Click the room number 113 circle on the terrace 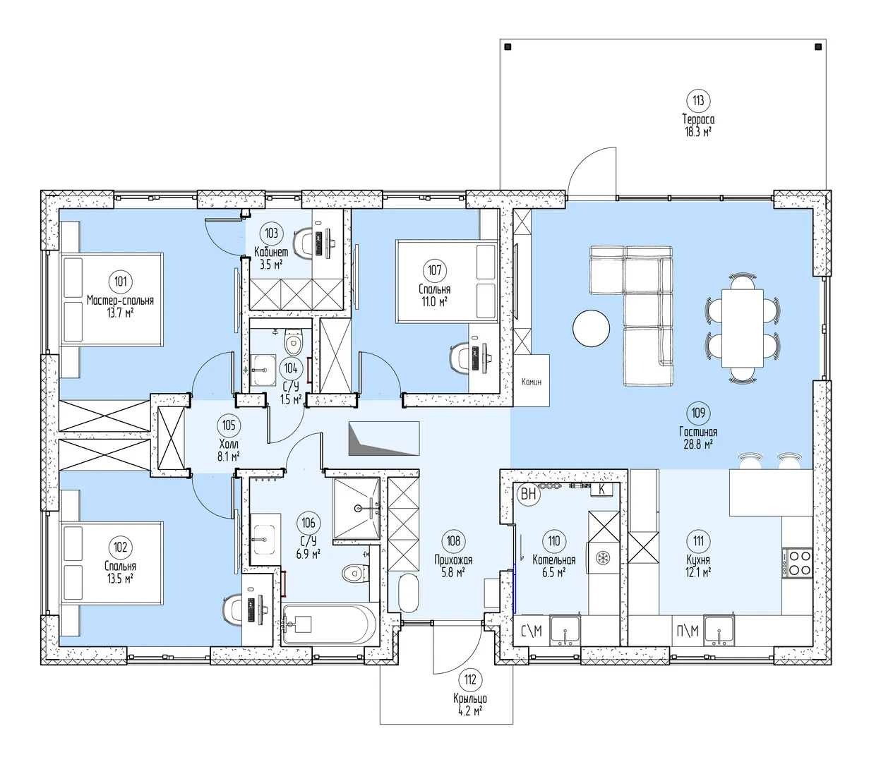click(x=698, y=101)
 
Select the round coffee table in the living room click(x=591, y=328)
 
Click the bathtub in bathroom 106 click(x=330, y=624)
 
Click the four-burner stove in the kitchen click(x=798, y=562)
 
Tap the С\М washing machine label click(x=532, y=631)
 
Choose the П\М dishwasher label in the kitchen click(x=688, y=631)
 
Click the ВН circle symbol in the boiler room click(x=529, y=495)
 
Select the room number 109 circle click(x=698, y=413)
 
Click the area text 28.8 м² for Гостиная click(x=698, y=445)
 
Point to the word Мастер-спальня click(x=120, y=300)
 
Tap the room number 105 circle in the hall click(x=229, y=425)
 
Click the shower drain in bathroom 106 click(x=358, y=508)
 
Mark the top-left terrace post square click(x=508, y=47)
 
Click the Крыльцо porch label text click(x=470, y=698)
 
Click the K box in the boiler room click(x=601, y=490)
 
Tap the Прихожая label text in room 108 click(x=453, y=560)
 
